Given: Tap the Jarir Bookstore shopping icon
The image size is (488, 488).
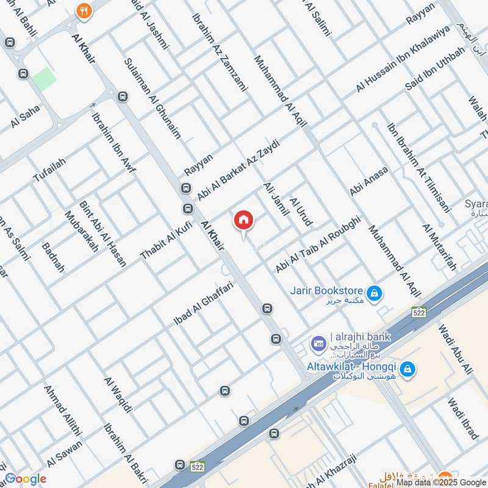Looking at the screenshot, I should coord(377,294).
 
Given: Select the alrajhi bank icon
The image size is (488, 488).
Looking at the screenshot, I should coord(317,344).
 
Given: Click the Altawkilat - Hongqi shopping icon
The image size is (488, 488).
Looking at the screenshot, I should coord(409,369).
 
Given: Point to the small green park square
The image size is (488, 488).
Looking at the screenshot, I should coord(43,79).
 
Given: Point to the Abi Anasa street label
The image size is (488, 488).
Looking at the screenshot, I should coord(368,181).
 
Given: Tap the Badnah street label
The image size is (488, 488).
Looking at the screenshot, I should coord(53,257).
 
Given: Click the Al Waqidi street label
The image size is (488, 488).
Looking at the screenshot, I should coord(118,395).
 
